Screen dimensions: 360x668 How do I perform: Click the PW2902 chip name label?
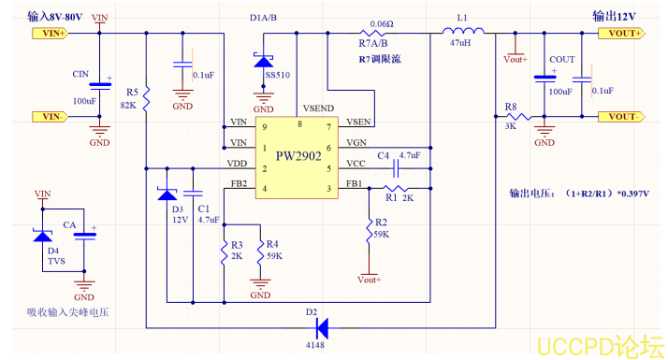coord(298,156)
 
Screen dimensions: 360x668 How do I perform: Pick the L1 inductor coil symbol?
coord(461,33)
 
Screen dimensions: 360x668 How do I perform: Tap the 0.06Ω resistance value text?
coord(381,23)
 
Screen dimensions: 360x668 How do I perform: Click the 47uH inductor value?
coord(460,44)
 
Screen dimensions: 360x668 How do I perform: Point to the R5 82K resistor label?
coord(130,98)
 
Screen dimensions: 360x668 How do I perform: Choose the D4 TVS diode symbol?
coord(42,236)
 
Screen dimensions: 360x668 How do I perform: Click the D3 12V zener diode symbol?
coord(167,194)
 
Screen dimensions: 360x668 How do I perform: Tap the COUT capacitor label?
coord(562,59)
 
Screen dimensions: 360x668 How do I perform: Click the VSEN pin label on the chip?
coord(357,122)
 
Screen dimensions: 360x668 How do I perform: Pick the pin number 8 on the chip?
coord(299,123)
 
